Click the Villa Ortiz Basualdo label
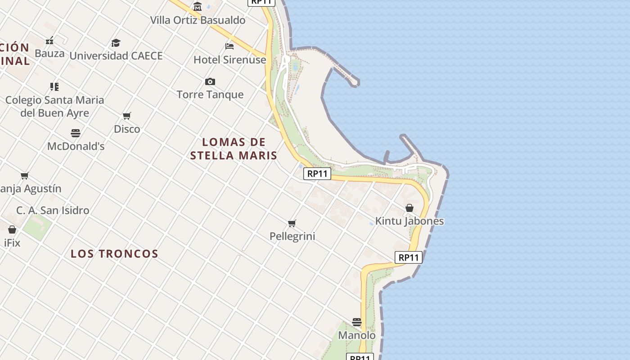(198, 20)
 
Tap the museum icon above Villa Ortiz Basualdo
(198, 6)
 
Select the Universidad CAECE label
(116, 56)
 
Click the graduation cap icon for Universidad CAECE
(116, 43)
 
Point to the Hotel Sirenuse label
(229, 59)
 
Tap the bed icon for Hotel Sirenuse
(229, 46)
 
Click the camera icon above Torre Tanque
(210, 81)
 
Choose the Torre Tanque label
(210, 94)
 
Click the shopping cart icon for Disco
(127, 116)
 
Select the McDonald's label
(76, 146)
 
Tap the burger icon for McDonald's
(76, 133)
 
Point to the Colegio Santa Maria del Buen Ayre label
(54, 106)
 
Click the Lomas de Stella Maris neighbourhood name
(234, 149)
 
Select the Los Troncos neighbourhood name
(114, 254)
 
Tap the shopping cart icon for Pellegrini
(292, 223)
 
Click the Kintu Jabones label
(409, 221)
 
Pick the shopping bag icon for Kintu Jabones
(409, 208)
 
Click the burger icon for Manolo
(357, 322)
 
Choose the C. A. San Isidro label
(53, 210)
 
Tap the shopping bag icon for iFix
(12, 229)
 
